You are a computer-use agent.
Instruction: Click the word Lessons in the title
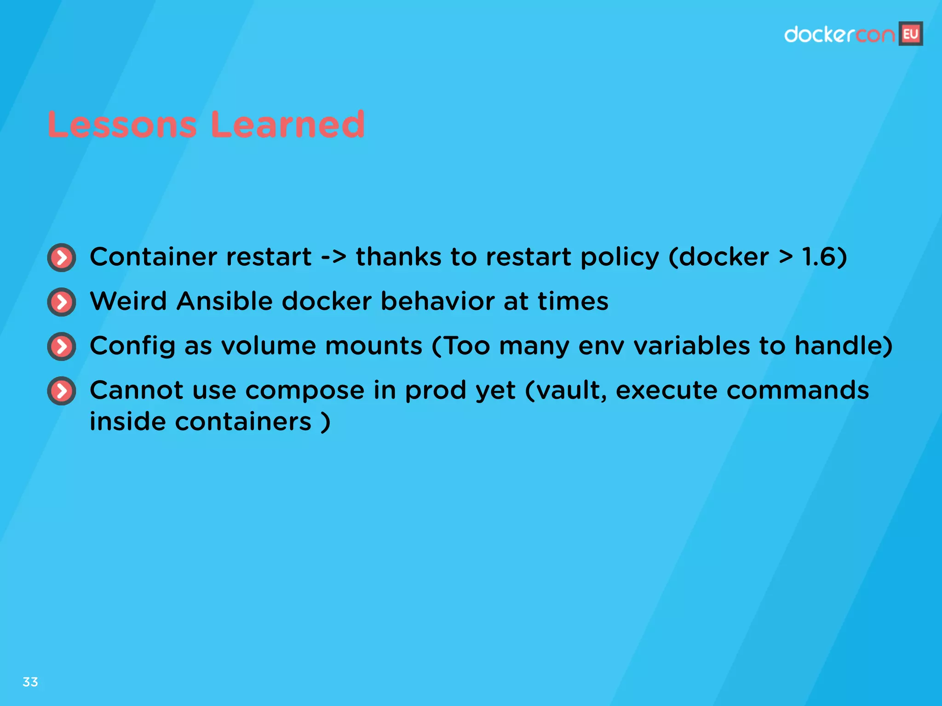(x=122, y=125)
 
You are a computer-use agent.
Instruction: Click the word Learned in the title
(x=288, y=125)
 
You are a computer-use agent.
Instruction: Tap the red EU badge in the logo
(x=911, y=34)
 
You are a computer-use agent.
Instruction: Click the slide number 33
(x=30, y=682)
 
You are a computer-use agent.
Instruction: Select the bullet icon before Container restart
(x=62, y=257)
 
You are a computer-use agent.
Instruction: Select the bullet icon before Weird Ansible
(x=62, y=302)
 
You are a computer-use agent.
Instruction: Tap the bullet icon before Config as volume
(x=62, y=346)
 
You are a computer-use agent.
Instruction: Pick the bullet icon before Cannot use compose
(x=62, y=391)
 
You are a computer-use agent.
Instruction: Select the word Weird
(x=128, y=302)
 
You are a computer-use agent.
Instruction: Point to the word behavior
(x=437, y=302)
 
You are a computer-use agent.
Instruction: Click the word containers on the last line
(x=243, y=422)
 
